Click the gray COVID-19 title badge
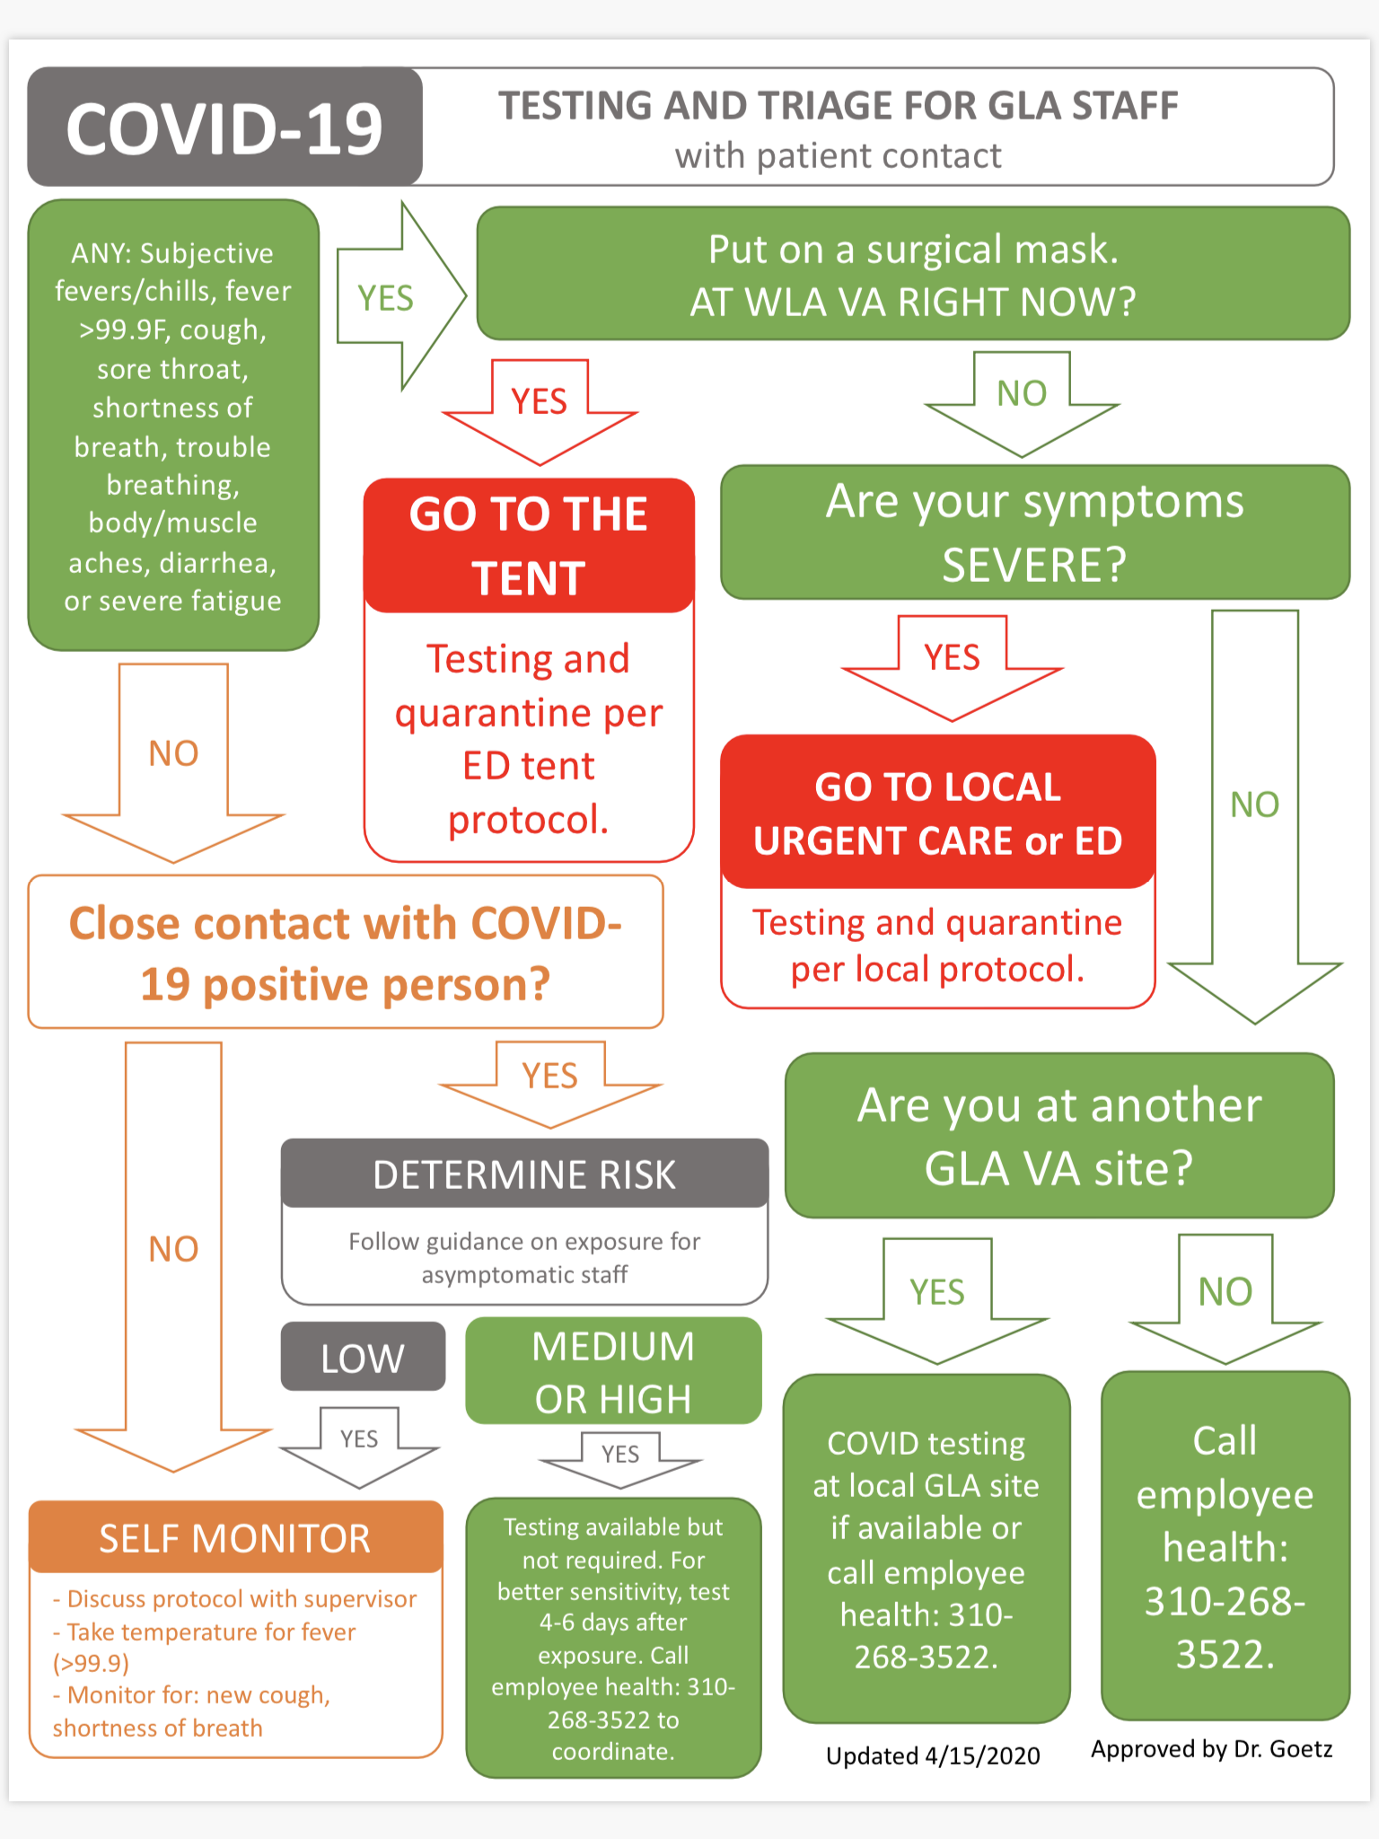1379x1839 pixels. pyautogui.click(x=224, y=128)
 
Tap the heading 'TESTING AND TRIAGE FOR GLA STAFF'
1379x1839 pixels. pyautogui.click(x=838, y=106)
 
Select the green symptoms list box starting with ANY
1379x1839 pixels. pyautogui.click(x=173, y=426)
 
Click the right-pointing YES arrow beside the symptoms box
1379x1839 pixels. pyautogui.click(x=395, y=297)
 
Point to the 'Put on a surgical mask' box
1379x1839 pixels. pyautogui.click(x=912, y=275)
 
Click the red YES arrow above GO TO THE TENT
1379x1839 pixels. pyautogui.click(x=540, y=409)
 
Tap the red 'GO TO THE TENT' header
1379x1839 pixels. pyautogui.click(x=529, y=545)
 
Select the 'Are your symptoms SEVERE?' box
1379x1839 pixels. pyautogui.click(x=1034, y=532)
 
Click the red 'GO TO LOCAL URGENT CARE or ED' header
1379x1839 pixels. pyautogui.click(x=937, y=813)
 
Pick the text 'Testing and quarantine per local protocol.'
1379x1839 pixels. pyautogui.click(x=937, y=946)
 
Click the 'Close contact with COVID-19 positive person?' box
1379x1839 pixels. pyautogui.click(x=346, y=953)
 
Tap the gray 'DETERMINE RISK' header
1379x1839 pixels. pyautogui.click(x=524, y=1175)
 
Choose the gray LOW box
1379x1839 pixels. pyautogui.click(x=363, y=1358)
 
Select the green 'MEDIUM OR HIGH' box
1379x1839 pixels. pyautogui.click(x=613, y=1372)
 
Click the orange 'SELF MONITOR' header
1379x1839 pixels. pyautogui.click(x=235, y=1538)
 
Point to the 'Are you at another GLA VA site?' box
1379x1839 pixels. pyautogui.click(x=1059, y=1136)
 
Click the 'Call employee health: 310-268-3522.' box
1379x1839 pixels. pyautogui.click(x=1225, y=1546)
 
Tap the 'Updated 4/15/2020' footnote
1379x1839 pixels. pyautogui.click(x=933, y=1756)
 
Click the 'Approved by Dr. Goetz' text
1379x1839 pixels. pyautogui.click(x=1211, y=1749)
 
